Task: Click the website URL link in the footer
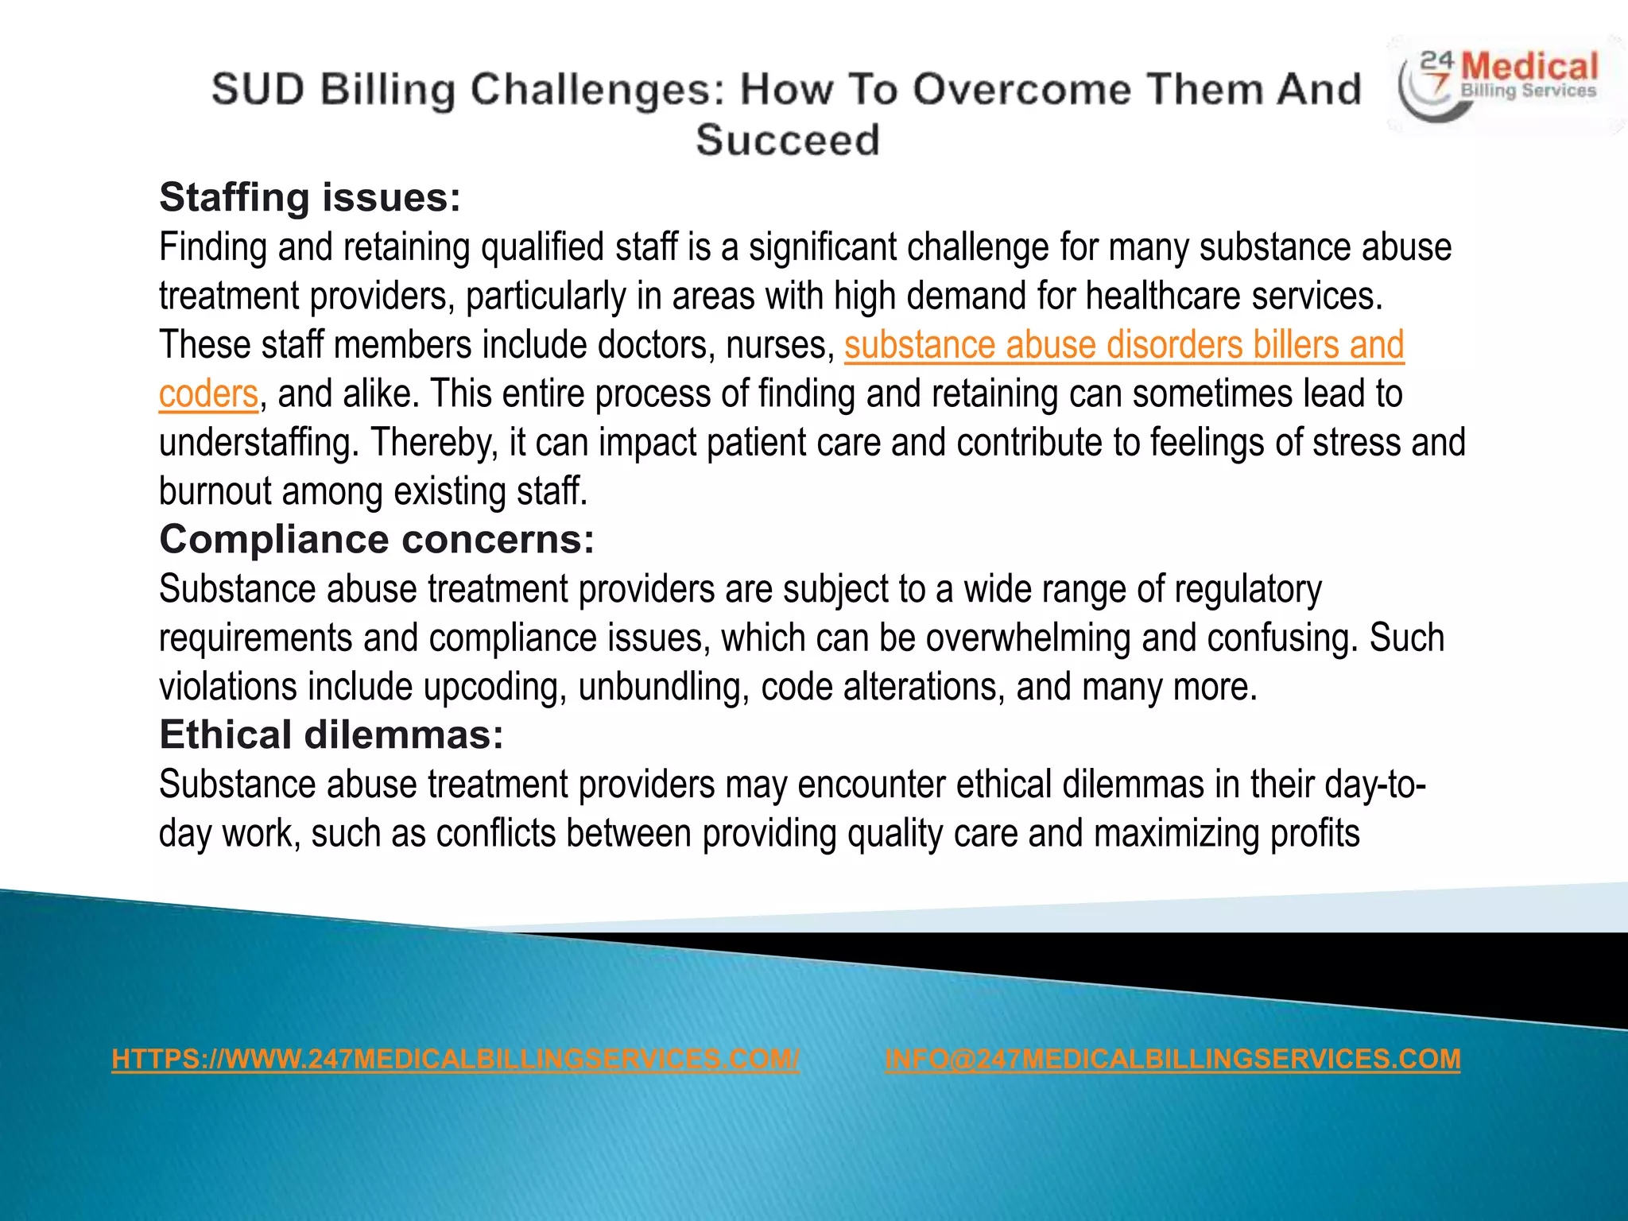(455, 1059)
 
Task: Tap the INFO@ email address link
(1173, 1059)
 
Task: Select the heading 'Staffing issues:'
(310, 197)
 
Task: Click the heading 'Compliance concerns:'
(377, 539)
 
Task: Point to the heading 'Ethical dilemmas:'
(331, 735)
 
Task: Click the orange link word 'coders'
(208, 393)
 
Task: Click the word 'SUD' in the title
(258, 89)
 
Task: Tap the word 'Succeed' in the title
(788, 140)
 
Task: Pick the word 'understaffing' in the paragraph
(259, 443)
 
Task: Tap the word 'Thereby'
(435, 443)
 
